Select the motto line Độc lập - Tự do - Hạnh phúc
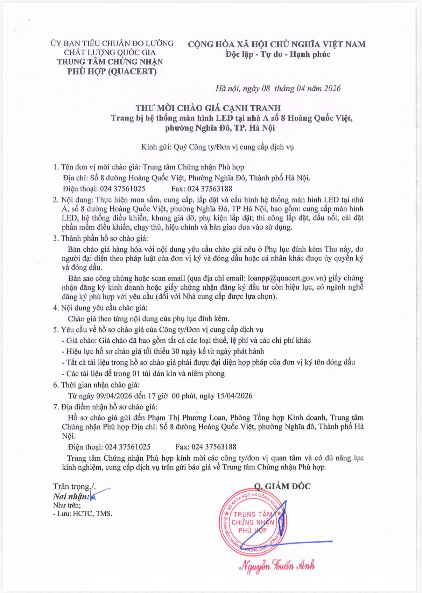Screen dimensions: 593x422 pyautogui.click(x=278, y=54)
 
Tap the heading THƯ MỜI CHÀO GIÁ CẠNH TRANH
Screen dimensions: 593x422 pyautogui.click(x=208, y=108)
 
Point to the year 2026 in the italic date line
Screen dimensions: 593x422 pyautogui.click(x=332, y=88)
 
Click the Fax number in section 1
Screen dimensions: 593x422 pyautogui.click(x=210, y=189)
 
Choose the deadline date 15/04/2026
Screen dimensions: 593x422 pyautogui.click(x=234, y=396)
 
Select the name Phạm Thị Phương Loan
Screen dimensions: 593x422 pyautogui.click(x=187, y=418)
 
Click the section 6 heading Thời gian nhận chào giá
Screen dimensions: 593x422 pyautogui.click(x=100, y=385)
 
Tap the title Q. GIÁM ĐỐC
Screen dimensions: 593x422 pyautogui.click(x=282, y=486)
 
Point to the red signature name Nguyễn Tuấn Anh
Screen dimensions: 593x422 pyautogui.click(x=277, y=566)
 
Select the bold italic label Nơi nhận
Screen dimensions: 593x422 pyautogui.click(x=71, y=496)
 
